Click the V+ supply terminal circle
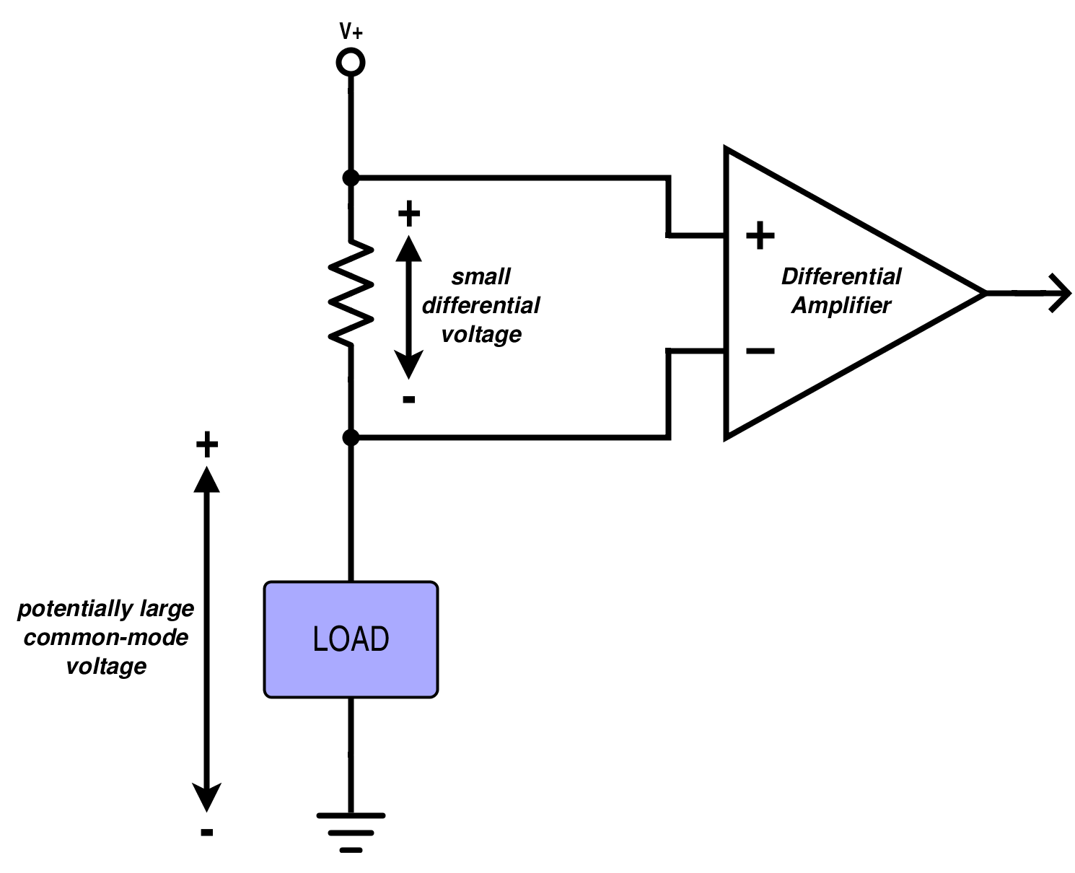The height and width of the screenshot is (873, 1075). pyautogui.click(x=351, y=63)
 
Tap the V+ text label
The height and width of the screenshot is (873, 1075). pyautogui.click(x=351, y=31)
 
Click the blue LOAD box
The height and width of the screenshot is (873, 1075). pyautogui.click(x=351, y=639)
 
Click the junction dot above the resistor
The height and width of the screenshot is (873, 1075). pyautogui.click(x=351, y=177)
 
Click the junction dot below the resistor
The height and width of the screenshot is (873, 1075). pyautogui.click(x=351, y=437)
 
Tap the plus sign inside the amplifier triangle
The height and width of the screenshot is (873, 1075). pyautogui.click(x=760, y=236)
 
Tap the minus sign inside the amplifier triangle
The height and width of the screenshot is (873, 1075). pyautogui.click(x=760, y=351)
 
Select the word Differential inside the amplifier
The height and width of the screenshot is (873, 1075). pyautogui.click(x=841, y=276)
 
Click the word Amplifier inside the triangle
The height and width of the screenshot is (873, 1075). pyautogui.click(x=841, y=305)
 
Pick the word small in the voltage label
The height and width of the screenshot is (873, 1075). pyautogui.click(x=481, y=276)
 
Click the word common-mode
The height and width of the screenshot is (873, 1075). pyautogui.click(x=106, y=638)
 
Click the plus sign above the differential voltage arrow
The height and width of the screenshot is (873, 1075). pyautogui.click(x=409, y=214)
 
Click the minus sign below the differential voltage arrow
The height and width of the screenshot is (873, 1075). pyautogui.click(x=409, y=399)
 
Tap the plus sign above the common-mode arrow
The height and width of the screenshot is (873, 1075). pyautogui.click(x=207, y=445)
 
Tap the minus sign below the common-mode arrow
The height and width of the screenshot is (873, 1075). pyautogui.click(x=207, y=833)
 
